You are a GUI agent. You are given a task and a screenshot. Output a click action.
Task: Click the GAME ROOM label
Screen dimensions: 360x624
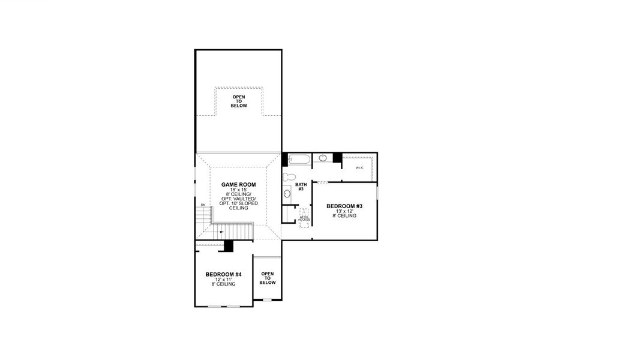coord(239,185)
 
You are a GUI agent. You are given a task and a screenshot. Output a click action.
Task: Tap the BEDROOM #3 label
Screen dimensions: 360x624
coord(344,206)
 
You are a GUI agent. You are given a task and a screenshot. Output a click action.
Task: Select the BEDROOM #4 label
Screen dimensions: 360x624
coord(223,275)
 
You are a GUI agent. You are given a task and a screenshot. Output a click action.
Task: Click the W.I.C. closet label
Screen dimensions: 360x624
coord(360,167)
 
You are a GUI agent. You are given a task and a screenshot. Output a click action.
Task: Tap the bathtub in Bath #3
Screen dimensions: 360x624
coord(299,160)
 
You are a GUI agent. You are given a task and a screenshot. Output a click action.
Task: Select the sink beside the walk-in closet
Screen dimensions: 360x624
coord(323,158)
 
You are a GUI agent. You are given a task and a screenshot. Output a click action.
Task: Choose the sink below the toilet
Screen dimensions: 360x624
coord(287,193)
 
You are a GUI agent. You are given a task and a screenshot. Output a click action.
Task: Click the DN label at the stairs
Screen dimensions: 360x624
coord(203,205)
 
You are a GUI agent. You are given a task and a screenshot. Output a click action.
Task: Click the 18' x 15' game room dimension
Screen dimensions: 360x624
coord(239,190)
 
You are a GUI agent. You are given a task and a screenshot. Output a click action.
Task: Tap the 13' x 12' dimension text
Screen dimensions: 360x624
coord(344,211)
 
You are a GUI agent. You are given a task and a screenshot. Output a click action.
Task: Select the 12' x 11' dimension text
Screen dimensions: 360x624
coord(223,280)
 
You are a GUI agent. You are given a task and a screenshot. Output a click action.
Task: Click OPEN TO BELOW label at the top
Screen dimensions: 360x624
coord(239,101)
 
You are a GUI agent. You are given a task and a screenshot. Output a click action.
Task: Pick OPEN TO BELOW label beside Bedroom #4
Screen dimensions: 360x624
coord(268,278)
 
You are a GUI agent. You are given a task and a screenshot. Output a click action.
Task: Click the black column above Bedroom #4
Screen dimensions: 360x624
coord(228,246)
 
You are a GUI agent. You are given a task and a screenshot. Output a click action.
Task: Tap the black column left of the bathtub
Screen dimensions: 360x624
coord(284,160)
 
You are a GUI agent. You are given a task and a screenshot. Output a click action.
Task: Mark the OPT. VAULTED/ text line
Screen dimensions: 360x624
coord(239,199)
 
